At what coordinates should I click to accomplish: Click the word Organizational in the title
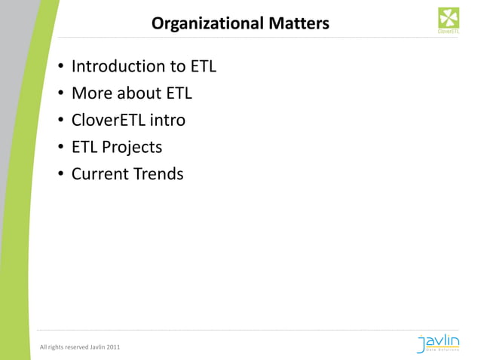[198, 24]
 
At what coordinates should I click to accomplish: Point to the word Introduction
[117, 66]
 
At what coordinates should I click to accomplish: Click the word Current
[99, 174]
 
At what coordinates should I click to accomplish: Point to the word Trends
[158, 174]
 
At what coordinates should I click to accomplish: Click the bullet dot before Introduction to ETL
[60, 68]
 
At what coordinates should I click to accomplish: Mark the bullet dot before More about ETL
[60, 95]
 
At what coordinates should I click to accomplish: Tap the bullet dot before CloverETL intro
[60, 122]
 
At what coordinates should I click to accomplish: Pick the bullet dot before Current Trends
[60, 175]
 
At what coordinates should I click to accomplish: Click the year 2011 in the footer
[110, 346]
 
